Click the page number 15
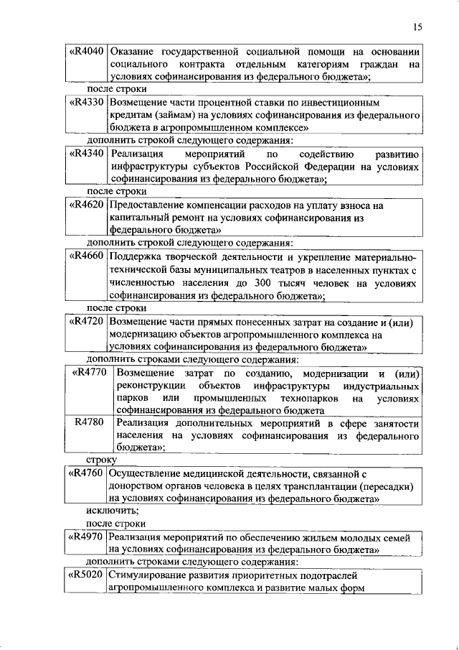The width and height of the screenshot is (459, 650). tap(417, 27)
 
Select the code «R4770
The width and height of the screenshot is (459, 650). tap(89, 372)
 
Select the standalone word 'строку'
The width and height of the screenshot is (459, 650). tap(101, 460)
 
